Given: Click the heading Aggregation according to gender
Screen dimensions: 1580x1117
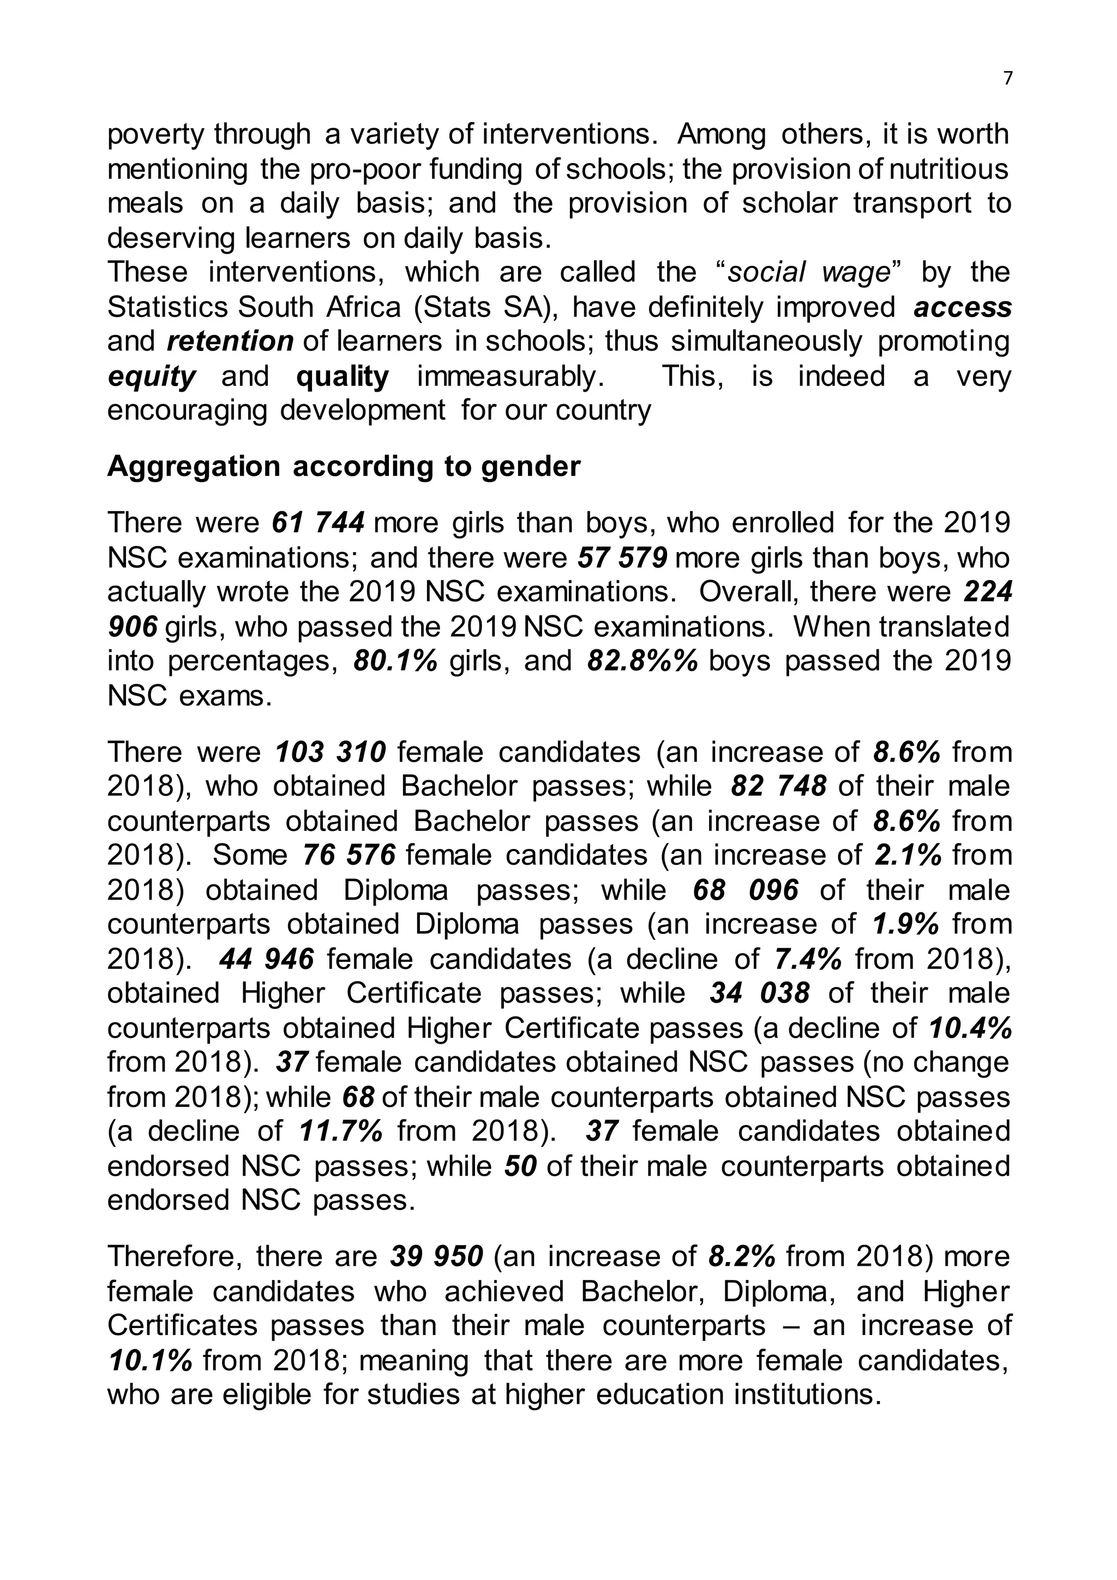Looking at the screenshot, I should (344, 466).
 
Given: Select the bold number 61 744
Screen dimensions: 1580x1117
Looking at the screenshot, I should (318, 523).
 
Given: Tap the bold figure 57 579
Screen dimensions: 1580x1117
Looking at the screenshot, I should (622, 558).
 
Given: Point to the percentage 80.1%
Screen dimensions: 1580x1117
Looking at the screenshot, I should (395, 661).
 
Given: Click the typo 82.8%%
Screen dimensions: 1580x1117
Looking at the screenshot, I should (643, 661).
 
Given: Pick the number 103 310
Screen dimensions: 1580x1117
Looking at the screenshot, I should (330, 752).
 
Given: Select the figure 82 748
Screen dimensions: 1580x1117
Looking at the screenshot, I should (778, 787).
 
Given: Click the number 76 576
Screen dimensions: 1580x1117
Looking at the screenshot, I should (350, 855).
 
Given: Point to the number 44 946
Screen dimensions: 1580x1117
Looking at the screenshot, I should (267, 959).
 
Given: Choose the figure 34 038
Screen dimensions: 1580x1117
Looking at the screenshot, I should (759, 994).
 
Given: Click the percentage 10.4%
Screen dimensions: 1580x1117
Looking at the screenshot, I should (970, 1028).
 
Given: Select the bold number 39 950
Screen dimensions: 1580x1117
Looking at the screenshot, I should (437, 1256).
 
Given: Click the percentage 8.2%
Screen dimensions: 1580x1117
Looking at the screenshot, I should (741, 1256).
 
